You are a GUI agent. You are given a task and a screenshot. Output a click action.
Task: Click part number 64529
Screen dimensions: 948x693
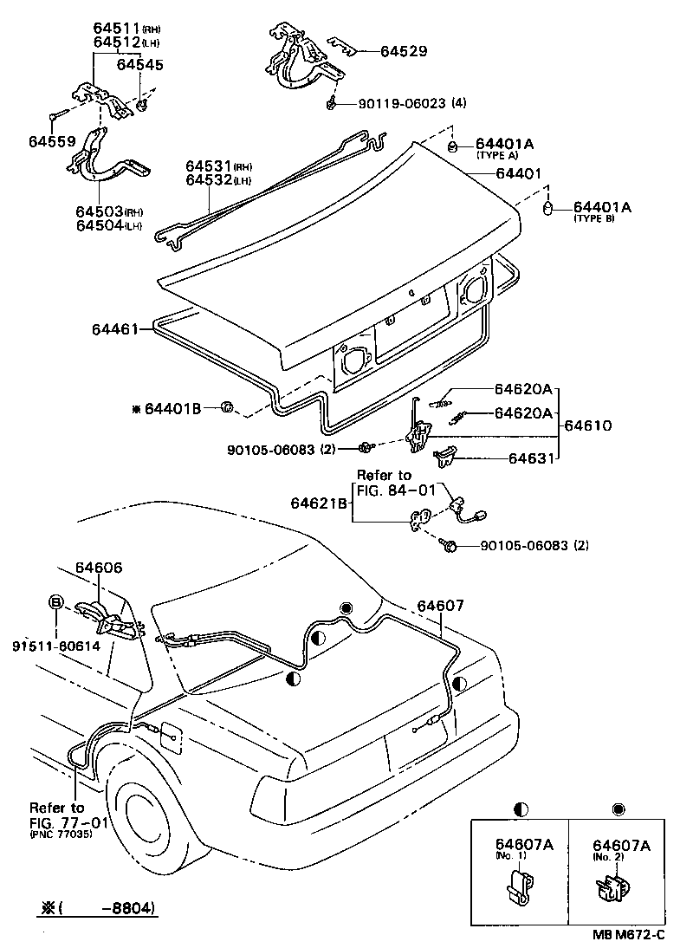tap(404, 51)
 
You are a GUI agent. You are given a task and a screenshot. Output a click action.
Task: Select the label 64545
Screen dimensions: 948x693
tap(139, 65)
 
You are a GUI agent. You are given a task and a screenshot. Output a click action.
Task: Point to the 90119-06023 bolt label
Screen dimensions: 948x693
tap(402, 103)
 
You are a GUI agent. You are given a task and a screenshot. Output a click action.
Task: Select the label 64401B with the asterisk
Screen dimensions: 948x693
tap(172, 407)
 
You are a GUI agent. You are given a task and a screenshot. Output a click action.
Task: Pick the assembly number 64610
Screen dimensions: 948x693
tap(588, 425)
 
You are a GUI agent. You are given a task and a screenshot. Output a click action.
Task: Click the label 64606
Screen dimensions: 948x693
tap(98, 568)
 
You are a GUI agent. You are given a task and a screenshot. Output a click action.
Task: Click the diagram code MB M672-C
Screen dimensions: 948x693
tap(629, 935)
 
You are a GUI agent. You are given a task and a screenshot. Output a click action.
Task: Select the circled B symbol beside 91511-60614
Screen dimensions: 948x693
tap(55, 601)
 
